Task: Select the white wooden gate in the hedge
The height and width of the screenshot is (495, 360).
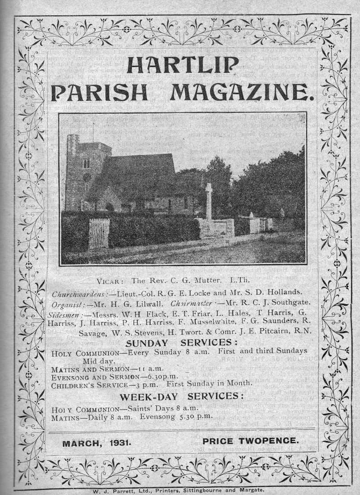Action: pyautogui.click(x=99, y=233)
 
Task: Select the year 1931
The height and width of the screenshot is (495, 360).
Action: pyautogui.click(x=120, y=443)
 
